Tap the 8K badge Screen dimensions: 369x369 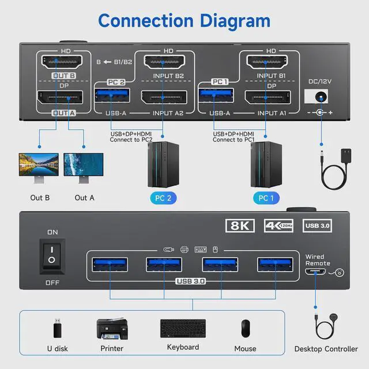tap(240, 225)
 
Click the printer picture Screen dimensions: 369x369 tap(111, 328)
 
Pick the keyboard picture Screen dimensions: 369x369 tap(183, 329)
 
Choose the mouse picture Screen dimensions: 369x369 tap(246, 328)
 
